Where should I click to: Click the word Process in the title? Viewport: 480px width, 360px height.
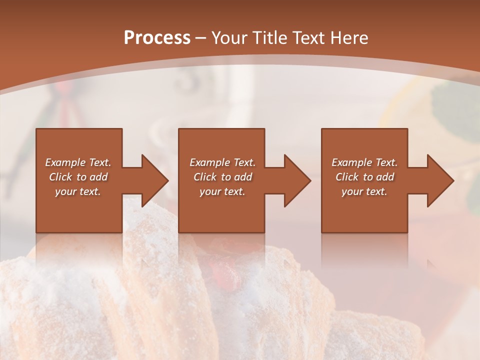tap(157, 38)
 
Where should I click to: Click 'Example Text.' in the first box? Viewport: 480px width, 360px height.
tap(78, 162)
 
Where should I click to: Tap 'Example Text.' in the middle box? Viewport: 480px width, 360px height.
tap(222, 162)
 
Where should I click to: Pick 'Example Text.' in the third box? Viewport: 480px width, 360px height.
tap(364, 162)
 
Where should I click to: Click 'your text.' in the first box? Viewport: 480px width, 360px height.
tap(78, 191)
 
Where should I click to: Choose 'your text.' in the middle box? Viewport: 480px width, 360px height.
tap(222, 191)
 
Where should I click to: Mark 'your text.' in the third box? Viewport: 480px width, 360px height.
tap(364, 191)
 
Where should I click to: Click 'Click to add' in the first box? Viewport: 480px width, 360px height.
tap(78, 177)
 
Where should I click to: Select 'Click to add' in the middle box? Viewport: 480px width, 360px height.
tap(222, 177)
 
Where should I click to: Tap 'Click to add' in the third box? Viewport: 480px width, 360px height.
tap(364, 177)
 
